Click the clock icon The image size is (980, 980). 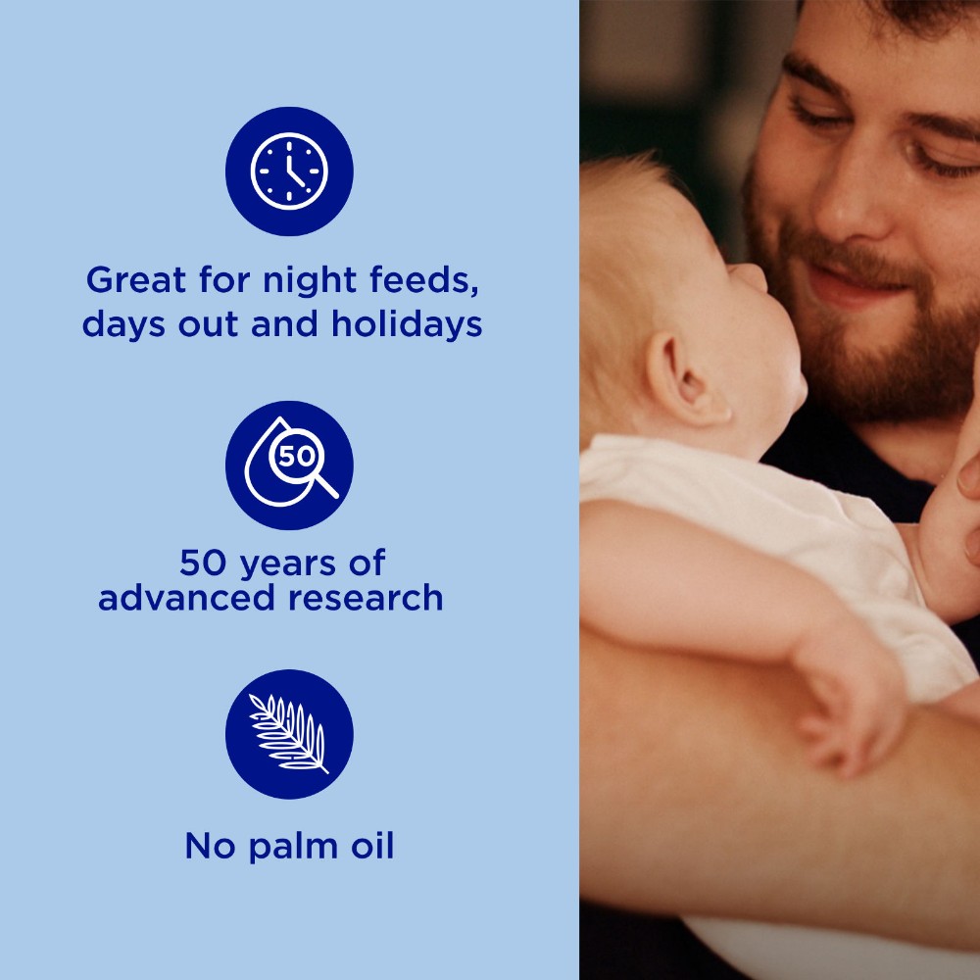(289, 171)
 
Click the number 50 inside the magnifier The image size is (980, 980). (296, 457)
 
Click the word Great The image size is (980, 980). (136, 279)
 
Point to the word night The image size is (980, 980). (311, 280)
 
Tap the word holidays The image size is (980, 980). (407, 323)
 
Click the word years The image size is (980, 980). (289, 563)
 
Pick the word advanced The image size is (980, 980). (186, 597)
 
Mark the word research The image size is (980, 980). (366, 598)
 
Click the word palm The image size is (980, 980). (294, 848)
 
